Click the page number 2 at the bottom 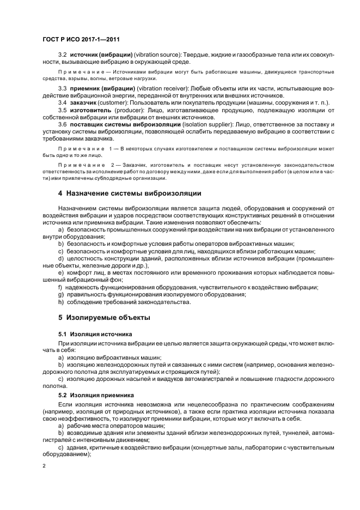click(x=44, y=466)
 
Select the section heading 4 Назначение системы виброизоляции click(x=130, y=193)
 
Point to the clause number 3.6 click(x=62, y=125)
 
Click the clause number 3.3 click(x=62, y=87)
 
